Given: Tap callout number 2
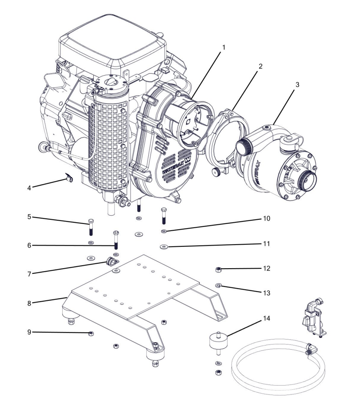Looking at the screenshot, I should (260, 66).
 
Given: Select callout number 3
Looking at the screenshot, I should (297, 84).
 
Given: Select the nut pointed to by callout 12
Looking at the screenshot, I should (218, 269).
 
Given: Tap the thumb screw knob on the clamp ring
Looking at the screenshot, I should (216, 172).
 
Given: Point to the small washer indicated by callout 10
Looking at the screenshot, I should (164, 231).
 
